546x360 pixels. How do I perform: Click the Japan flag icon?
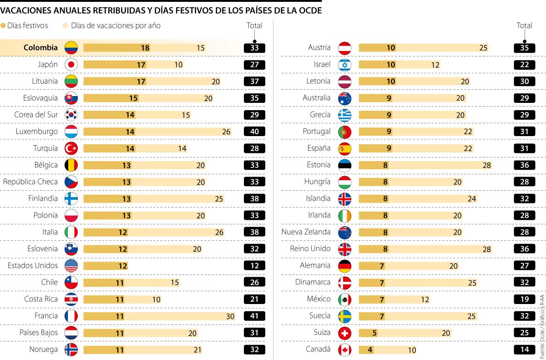pos(71,65)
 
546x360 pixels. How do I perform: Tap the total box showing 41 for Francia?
pos(254,316)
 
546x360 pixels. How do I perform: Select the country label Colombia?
pos(40,47)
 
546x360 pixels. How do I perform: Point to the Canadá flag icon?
pos(345,350)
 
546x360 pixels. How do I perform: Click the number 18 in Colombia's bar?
pos(145,48)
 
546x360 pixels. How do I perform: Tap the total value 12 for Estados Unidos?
pos(254,266)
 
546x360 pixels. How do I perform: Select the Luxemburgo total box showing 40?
pos(254,132)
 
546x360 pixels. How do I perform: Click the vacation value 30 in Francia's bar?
pos(230,316)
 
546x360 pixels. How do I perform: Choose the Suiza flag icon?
pos(345,333)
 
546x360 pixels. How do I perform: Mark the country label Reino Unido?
pos(310,248)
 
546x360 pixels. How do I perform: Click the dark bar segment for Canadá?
pos(364,350)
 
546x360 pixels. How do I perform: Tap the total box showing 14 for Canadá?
pos(524,350)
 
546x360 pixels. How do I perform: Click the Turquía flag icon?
pos(71,148)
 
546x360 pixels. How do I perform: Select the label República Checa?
pos(30,182)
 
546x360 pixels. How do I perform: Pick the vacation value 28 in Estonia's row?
pos(486,165)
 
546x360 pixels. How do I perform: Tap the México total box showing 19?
pos(524,299)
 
